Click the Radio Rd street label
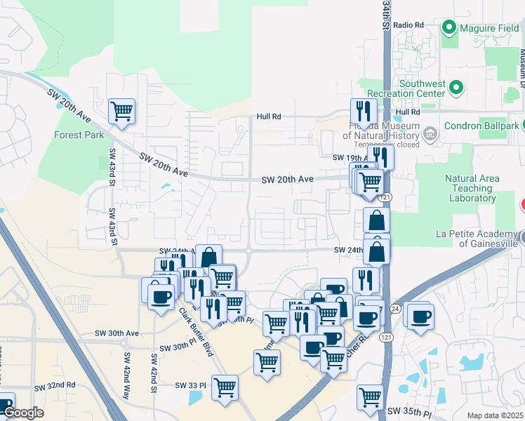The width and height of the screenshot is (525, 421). (408, 25)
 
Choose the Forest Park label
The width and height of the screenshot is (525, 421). (79, 135)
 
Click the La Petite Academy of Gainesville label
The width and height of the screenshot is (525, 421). (477, 239)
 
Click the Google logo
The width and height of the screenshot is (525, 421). (23, 413)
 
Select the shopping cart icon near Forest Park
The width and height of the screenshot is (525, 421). (122, 110)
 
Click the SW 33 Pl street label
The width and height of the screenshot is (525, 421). (192, 385)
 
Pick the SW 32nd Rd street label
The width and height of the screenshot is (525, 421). (54, 386)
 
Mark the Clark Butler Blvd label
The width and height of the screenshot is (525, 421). (195, 332)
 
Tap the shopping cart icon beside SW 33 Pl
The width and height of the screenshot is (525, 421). (225, 387)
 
